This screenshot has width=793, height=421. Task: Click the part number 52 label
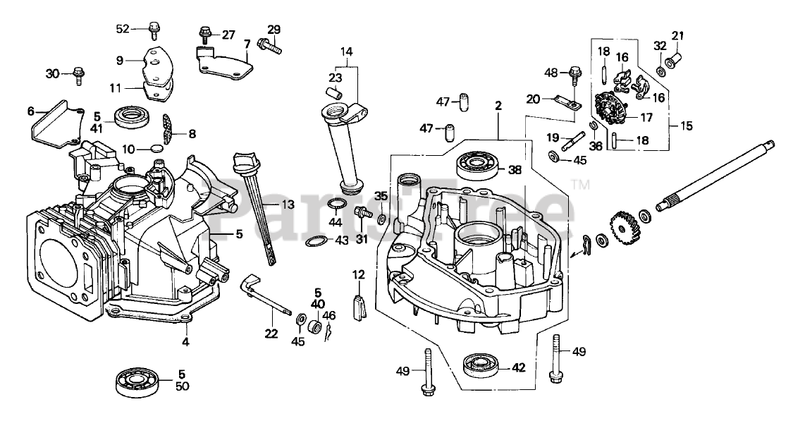[x=123, y=30]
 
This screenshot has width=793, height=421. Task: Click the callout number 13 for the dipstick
[x=288, y=205]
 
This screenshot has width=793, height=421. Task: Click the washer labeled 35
[x=382, y=219]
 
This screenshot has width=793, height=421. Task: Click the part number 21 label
[x=677, y=35]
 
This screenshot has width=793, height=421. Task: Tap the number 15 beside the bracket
[x=687, y=126]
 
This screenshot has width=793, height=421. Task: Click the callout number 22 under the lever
[x=271, y=334]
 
